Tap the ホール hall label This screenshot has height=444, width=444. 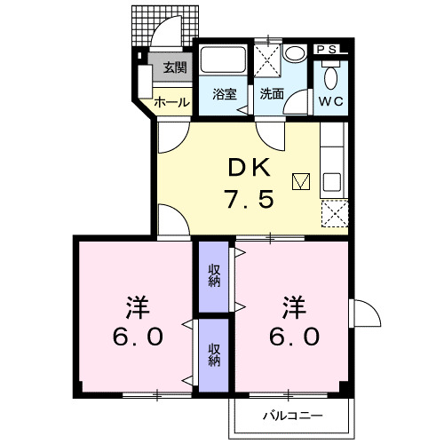click(x=171, y=102)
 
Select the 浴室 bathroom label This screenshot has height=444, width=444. click(x=225, y=94)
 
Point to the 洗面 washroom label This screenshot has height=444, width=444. click(x=272, y=94)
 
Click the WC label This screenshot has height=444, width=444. click(x=331, y=100)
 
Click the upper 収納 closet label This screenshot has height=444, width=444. click(x=214, y=274)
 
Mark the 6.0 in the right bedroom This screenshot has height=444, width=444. click(x=294, y=339)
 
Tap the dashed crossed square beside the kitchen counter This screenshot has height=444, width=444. click(x=335, y=213)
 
